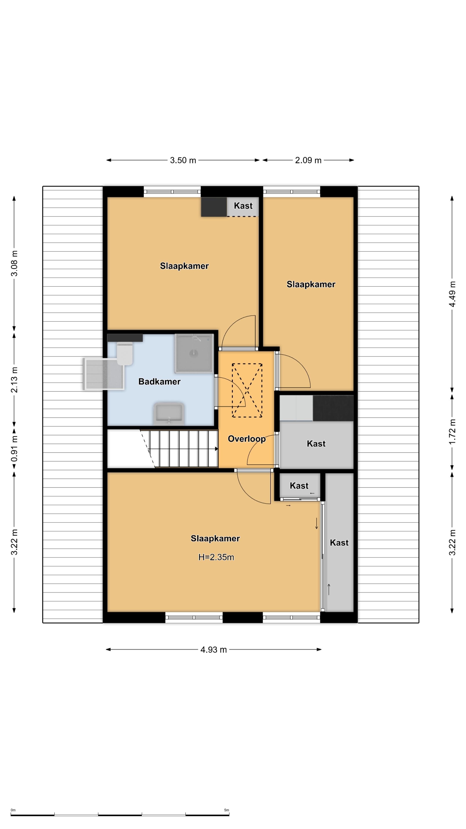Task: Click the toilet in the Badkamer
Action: (125, 353)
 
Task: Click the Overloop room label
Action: (247, 439)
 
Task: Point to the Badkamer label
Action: (159, 382)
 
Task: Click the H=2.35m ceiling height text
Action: (216, 557)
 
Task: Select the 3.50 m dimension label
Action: (183, 160)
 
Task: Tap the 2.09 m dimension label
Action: (308, 160)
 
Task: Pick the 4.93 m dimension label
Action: (214, 650)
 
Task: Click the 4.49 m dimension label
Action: (452, 294)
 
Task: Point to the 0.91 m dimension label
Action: (14, 448)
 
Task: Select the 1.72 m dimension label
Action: (452, 432)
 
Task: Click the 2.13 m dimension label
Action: (14, 380)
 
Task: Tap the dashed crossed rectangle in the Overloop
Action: (247, 390)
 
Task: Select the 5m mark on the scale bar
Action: (227, 810)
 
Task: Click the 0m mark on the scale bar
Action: (13, 810)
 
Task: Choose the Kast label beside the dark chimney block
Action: (243, 206)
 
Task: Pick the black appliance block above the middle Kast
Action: (333, 408)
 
